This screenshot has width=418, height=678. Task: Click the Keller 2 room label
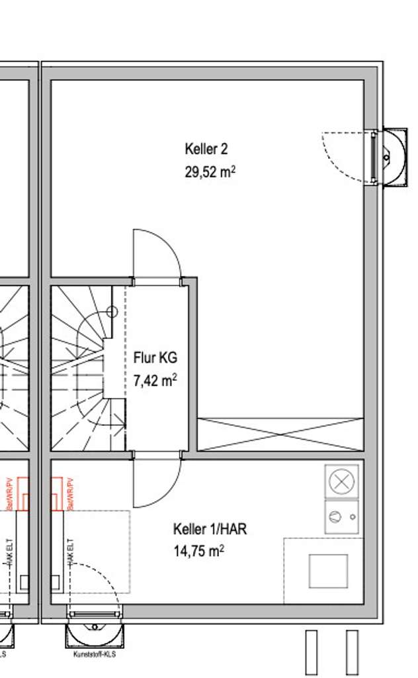click(x=206, y=149)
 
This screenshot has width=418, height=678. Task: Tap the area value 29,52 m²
click(x=210, y=172)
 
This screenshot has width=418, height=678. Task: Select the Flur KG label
click(x=155, y=358)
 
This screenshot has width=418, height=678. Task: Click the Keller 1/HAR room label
click(x=210, y=529)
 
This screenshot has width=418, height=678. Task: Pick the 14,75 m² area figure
click(x=198, y=551)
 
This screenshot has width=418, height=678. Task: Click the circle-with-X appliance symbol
click(x=342, y=482)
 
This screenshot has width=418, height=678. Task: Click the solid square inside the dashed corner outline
click(x=328, y=571)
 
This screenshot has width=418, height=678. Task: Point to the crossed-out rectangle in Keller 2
click(x=280, y=434)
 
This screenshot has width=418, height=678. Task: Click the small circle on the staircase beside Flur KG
click(x=112, y=311)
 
